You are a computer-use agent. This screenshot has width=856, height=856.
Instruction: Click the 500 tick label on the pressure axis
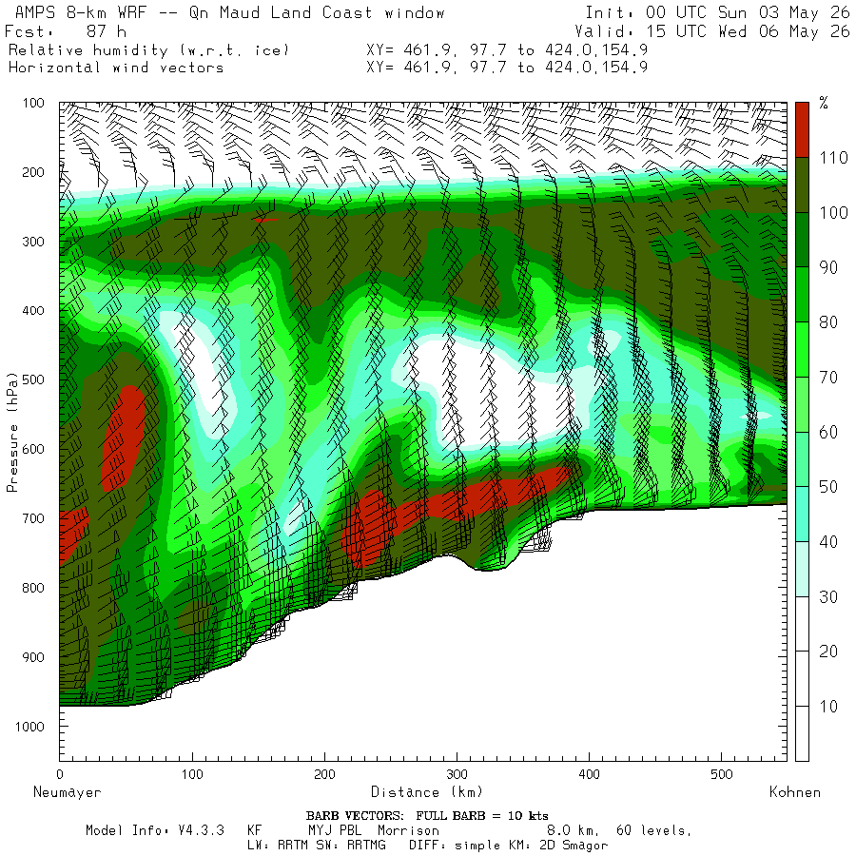[x=33, y=379]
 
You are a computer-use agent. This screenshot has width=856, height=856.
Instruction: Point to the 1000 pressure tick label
[x=29, y=726]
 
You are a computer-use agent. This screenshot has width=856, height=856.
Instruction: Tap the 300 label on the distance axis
[x=457, y=773]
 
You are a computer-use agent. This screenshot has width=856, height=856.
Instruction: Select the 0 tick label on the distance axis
[x=60, y=773]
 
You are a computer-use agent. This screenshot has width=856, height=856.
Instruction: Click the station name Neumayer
[x=68, y=792]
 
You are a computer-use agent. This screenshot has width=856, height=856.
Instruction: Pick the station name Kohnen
[x=795, y=792]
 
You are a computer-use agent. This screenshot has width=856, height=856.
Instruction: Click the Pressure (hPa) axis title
[x=12, y=433]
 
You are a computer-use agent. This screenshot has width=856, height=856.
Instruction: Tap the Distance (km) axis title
[x=426, y=791]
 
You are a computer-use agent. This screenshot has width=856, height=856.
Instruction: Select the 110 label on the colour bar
[x=833, y=158]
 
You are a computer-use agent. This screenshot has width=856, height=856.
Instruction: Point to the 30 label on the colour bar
[x=829, y=596]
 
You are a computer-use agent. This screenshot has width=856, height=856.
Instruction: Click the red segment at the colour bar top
[x=802, y=130]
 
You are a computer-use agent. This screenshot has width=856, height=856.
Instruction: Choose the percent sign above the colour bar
[x=824, y=103]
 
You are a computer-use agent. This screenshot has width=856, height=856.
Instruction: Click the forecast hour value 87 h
[x=106, y=31]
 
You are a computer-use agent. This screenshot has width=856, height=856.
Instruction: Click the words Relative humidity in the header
[x=88, y=50]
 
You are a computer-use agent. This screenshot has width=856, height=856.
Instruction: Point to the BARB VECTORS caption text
[x=355, y=816]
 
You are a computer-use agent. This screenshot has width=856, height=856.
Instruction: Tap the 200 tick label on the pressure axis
[x=33, y=172]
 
